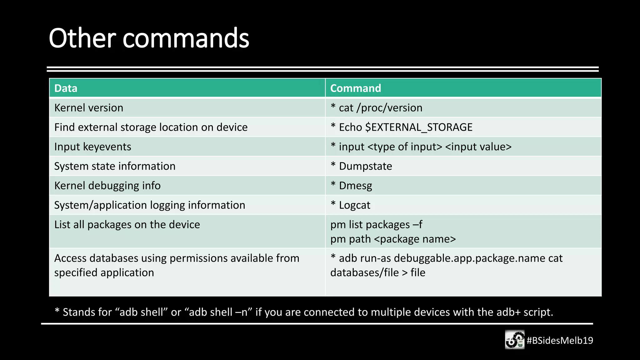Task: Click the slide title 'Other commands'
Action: coord(149,38)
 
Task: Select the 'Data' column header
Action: coord(66,88)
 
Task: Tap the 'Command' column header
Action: coord(356,88)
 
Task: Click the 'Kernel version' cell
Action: coord(89,108)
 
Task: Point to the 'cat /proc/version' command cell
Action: coord(380,108)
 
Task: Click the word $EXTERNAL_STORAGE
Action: coord(419,127)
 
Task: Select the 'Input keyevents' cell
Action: coord(92,147)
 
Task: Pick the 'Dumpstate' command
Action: coord(365,166)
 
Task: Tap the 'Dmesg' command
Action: coord(355,186)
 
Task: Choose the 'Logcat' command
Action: coord(354,205)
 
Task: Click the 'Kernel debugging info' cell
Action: coord(107,186)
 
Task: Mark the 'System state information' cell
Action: coord(115,166)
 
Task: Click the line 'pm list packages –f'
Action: coord(376,225)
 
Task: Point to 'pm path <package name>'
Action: coord(393,239)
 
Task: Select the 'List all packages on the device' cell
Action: coord(127,225)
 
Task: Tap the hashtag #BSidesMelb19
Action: coord(560,340)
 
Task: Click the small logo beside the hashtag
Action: coord(515,340)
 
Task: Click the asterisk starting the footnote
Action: coord(57,311)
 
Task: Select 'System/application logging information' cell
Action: coord(149,205)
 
